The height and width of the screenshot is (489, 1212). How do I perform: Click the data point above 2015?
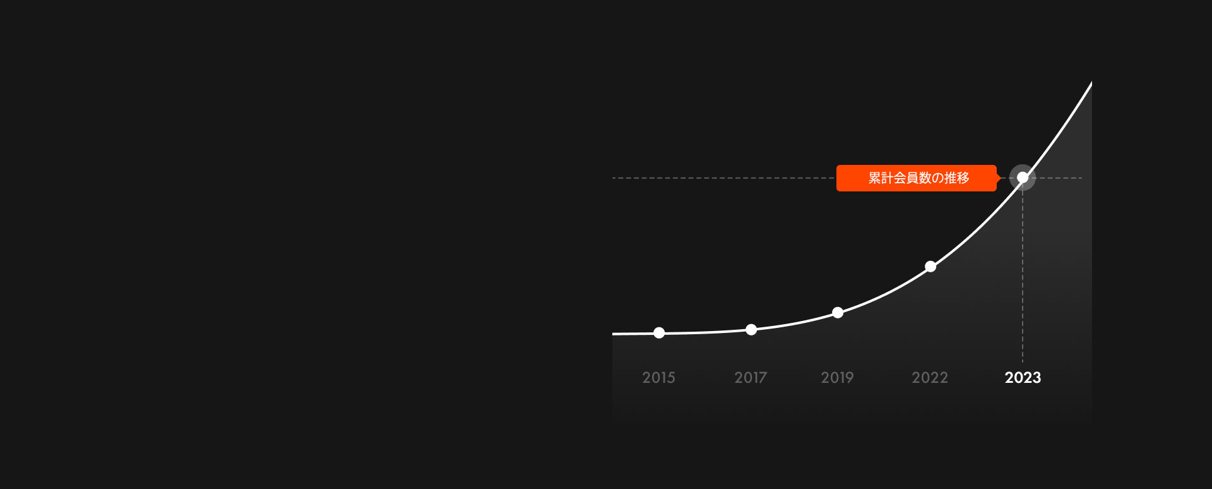point(659,333)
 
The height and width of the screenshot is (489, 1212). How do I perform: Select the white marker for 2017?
point(751,330)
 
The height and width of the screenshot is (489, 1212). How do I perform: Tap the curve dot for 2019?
point(838,313)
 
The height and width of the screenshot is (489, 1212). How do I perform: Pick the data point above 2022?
point(930,267)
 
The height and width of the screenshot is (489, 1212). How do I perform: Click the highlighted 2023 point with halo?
point(1023,178)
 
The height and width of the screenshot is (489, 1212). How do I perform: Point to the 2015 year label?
point(658,378)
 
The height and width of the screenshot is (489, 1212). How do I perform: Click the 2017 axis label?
point(751,378)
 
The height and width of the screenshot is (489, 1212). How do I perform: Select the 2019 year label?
point(837,378)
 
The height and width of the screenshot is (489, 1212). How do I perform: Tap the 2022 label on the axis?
point(930,378)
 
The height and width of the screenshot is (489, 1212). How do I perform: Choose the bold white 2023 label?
point(1023,378)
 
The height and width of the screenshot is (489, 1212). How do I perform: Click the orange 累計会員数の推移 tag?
point(917,178)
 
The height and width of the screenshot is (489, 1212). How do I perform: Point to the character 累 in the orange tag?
point(875,178)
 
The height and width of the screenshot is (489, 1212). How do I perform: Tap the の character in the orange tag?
point(938,178)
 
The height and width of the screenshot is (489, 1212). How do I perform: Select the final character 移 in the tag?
point(963,178)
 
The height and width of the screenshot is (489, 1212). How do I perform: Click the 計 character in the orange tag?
point(888,178)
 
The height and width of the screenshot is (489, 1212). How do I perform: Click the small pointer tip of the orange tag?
point(1001,178)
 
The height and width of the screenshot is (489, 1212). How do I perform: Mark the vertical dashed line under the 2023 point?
point(1023,276)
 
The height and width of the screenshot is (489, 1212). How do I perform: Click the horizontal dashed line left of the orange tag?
point(724,178)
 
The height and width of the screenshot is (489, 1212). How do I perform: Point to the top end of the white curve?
point(1091,83)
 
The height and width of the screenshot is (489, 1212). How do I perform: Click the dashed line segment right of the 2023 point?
point(1059,178)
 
